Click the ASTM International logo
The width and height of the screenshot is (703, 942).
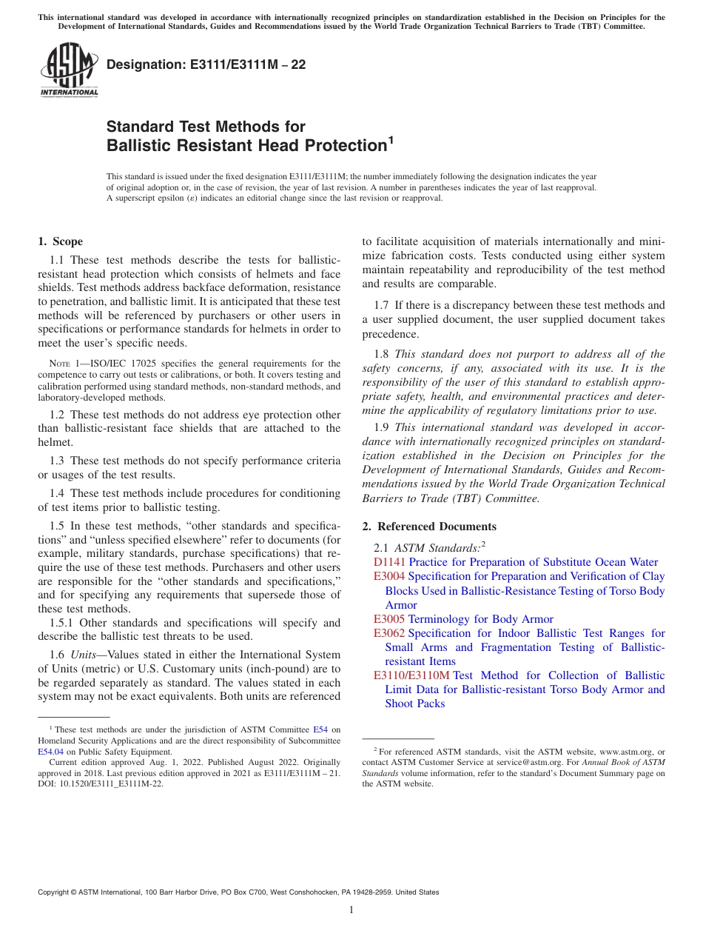69,71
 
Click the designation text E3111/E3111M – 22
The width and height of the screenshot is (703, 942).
206,65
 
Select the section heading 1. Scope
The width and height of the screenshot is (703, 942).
60,241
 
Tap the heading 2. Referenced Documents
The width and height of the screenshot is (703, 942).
429,527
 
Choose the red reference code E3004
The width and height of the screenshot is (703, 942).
389,576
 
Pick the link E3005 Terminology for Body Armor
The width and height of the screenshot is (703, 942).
463,619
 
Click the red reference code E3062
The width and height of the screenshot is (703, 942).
389,633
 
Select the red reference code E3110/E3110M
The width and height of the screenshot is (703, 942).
411,675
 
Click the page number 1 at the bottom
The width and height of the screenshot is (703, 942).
351,910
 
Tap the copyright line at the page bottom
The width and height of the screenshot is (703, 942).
238,892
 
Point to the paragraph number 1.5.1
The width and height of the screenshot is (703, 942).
61,623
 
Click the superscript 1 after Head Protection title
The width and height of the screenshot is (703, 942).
391,138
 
